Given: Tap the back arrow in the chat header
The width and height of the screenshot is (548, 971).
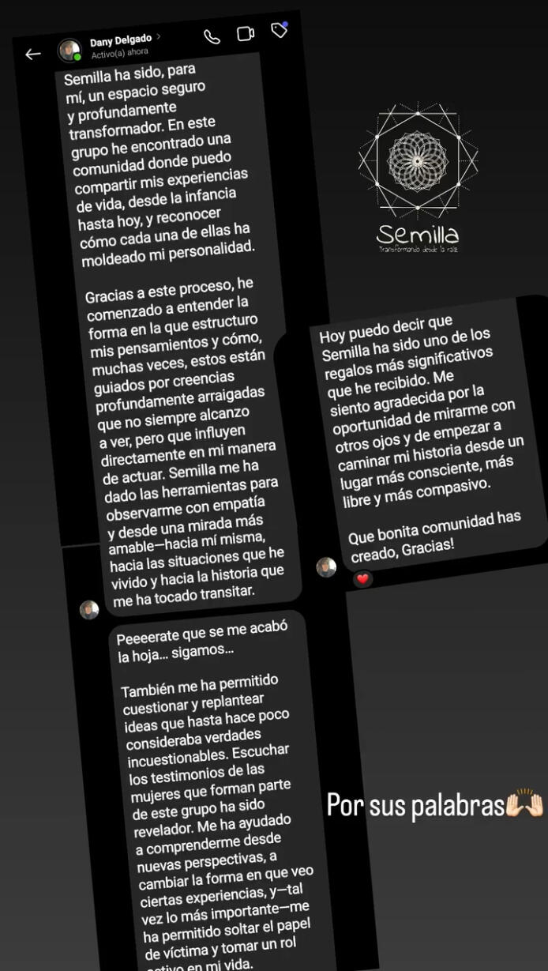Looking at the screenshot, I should [x=32, y=55].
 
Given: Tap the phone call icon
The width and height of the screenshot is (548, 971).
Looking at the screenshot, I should [x=212, y=37].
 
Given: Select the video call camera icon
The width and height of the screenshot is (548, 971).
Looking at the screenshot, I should [x=246, y=34].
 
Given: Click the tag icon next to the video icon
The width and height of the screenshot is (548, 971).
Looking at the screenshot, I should [x=279, y=30].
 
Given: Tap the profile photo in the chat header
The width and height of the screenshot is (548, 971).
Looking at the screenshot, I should [x=70, y=51].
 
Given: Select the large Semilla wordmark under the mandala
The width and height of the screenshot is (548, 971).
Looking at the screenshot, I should [x=418, y=234].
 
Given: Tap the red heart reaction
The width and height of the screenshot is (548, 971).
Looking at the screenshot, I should [x=362, y=579].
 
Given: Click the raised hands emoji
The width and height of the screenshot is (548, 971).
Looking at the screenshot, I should [x=525, y=805].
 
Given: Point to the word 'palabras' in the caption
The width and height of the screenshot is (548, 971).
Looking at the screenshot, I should [x=460, y=806].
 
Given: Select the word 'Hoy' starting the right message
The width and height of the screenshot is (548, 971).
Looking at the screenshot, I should [x=332, y=336].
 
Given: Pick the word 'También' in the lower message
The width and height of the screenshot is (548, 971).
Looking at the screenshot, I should [x=145, y=690].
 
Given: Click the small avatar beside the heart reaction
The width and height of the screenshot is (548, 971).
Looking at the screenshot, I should [x=326, y=567].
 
